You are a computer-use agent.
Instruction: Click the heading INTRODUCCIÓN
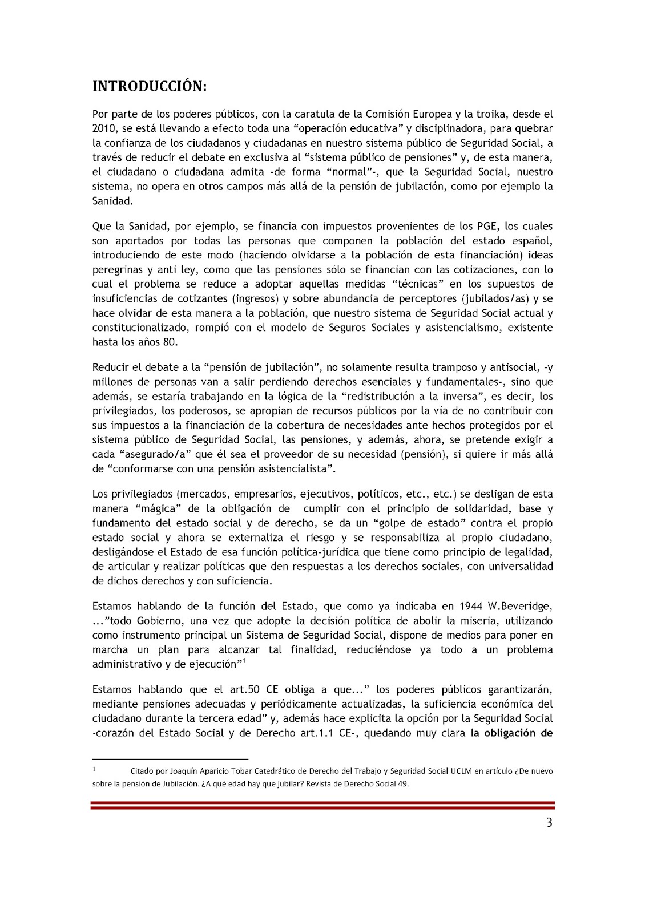pyautogui.click(x=150, y=86)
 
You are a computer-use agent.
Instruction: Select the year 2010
pyautogui.click(x=104, y=128)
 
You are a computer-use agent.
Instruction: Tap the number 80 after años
pyautogui.click(x=170, y=342)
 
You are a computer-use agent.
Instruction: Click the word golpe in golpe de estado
pyautogui.click(x=392, y=523)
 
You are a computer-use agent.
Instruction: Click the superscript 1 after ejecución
pyautogui.click(x=244, y=661)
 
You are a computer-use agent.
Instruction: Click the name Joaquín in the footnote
pyautogui.click(x=184, y=771)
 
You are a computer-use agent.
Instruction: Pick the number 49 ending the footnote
pyautogui.click(x=403, y=783)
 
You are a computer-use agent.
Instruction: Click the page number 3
pyautogui.click(x=549, y=823)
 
